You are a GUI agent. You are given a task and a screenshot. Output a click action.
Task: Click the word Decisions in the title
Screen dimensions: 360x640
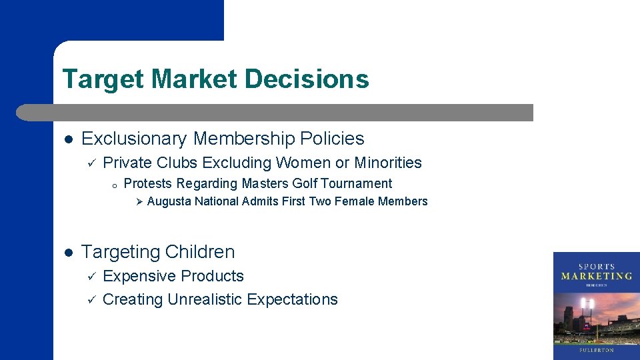coord(307,79)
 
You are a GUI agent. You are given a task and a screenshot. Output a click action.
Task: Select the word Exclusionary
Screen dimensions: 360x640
coord(134,139)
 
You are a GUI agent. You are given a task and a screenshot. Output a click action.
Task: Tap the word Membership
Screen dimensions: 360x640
coord(244,139)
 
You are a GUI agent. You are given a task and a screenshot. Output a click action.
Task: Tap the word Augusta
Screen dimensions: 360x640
coord(169,201)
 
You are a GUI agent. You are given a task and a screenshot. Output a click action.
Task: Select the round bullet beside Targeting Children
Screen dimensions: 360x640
coord(68,253)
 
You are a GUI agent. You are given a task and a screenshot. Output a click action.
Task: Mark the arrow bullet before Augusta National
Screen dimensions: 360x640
coord(139,201)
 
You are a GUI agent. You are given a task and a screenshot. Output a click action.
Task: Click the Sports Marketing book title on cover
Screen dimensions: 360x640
coord(596,272)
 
